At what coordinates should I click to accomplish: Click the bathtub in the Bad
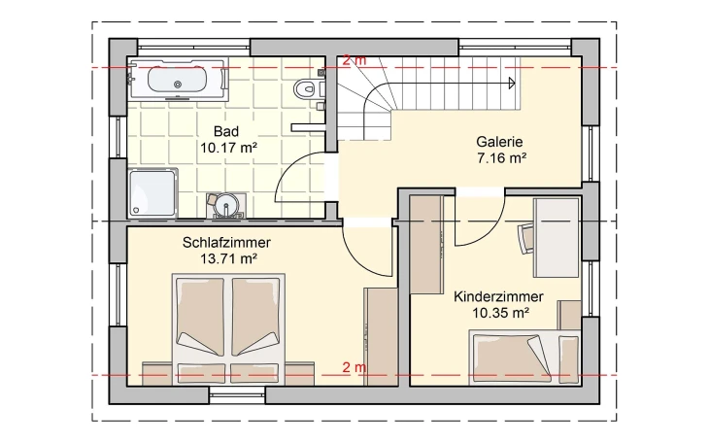coord(177,81)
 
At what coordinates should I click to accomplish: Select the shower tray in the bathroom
coord(152,191)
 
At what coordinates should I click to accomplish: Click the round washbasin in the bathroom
coord(225,204)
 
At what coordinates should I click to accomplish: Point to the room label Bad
coord(226,132)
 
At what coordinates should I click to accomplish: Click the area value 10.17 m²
coord(227,149)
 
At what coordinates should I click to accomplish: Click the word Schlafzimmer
coord(226,242)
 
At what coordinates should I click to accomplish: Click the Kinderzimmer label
coord(498,296)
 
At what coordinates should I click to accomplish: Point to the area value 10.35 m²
coord(499,313)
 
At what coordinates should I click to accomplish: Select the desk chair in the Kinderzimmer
coord(526,236)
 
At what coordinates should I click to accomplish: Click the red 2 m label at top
coord(354,60)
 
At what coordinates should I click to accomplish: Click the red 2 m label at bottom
coord(354,367)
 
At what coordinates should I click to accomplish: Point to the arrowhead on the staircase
coord(510,85)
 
